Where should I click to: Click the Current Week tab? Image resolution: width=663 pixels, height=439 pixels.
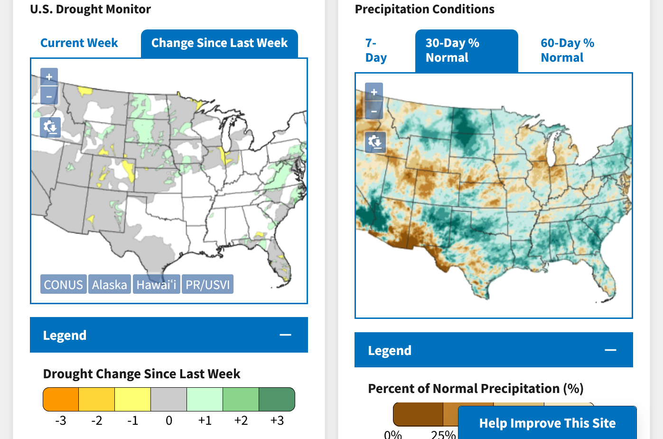pos(79,43)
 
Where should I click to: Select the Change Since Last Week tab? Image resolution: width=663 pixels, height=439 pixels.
pos(219,43)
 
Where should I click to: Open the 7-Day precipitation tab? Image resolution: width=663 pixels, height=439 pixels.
pos(376,50)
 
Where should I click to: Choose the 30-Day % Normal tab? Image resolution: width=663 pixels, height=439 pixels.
pos(466,50)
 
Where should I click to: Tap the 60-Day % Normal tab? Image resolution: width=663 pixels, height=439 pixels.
pos(567,50)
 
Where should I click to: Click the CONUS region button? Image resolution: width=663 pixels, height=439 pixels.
pos(64,285)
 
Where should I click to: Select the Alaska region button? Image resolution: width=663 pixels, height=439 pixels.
pos(110,285)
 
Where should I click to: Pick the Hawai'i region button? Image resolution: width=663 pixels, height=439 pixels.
pos(156,285)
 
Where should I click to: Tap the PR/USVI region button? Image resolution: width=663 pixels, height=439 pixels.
pos(207,285)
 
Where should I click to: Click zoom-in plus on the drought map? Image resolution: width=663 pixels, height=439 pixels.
pos(49,77)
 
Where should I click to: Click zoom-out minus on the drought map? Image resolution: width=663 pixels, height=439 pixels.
pos(49,96)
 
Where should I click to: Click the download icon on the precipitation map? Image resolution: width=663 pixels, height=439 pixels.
pos(374,142)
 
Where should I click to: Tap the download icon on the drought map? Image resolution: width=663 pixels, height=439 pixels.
pos(50,127)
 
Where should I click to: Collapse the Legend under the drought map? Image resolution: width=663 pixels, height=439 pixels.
pos(285,335)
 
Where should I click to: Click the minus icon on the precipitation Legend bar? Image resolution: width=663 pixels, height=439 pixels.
pos(610,350)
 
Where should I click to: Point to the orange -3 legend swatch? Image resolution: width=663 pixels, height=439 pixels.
pos(61,399)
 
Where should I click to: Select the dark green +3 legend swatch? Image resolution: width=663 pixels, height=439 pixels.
pos(277,399)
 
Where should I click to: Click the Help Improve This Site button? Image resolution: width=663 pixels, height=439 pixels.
pos(547,423)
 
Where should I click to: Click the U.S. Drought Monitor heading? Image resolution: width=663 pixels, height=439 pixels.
pos(90,9)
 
